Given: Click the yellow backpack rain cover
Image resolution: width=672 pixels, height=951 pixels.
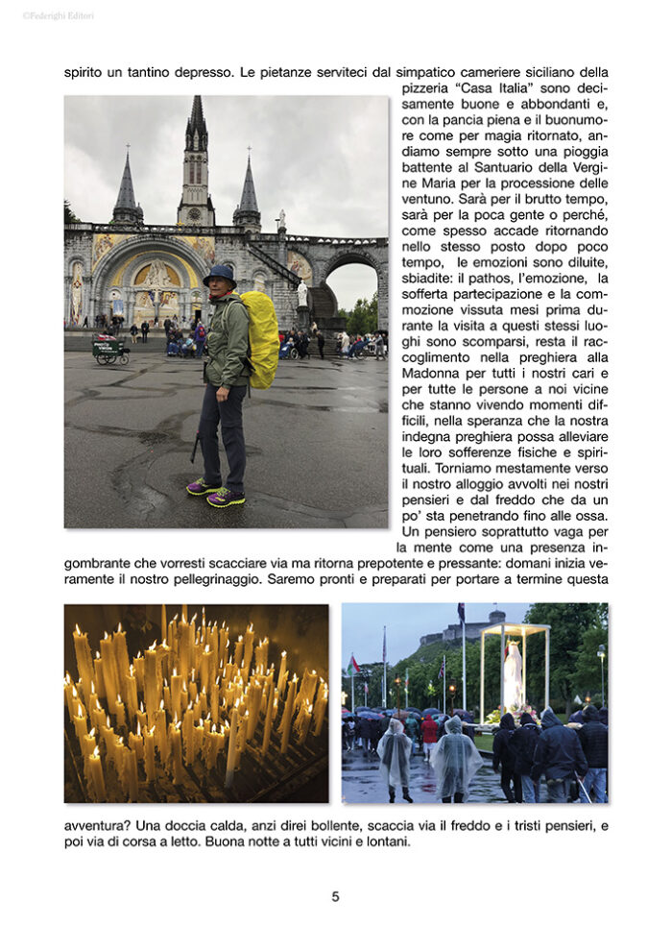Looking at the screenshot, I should pyautogui.click(x=258, y=339).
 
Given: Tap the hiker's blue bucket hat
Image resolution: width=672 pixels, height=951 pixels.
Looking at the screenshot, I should pyautogui.click(x=220, y=276).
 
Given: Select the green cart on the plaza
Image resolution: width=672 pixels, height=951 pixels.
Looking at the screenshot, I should pyautogui.click(x=110, y=350).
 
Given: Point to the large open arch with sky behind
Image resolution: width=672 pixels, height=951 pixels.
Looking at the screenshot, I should pyautogui.click(x=350, y=293).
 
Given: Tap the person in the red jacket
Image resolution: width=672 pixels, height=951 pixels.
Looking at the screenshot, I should pyautogui.click(x=429, y=732).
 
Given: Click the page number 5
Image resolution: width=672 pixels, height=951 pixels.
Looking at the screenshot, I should pyautogui.click(x=335, y=896).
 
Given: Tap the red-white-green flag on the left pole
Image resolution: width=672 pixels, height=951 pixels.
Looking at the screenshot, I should pyautogui.click(x=354, y=665).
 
